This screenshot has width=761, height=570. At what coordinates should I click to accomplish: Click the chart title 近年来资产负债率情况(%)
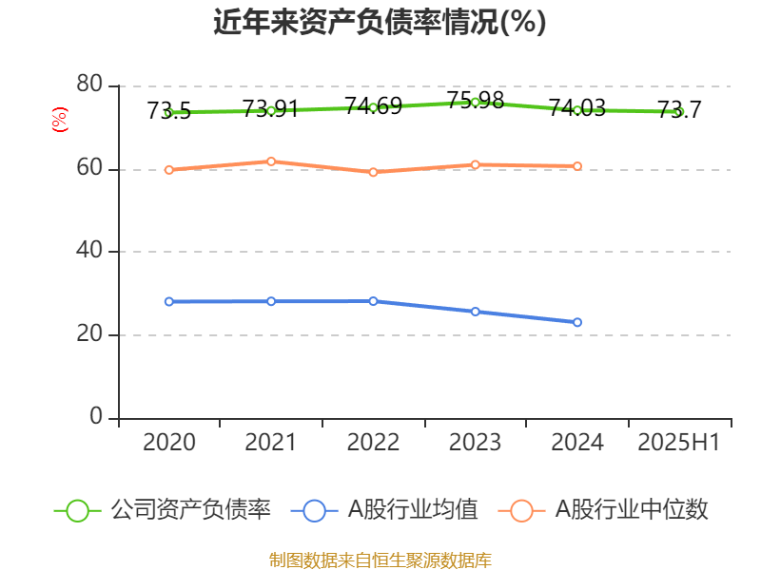(x=380, y=23)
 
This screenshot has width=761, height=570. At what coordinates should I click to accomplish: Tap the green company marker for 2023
(x=476, y=102)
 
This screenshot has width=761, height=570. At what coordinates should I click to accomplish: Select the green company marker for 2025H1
(x=679, y=112)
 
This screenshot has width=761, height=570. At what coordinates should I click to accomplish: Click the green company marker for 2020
(x=168, y=112)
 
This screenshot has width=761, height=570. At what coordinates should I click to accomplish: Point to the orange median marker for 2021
(x=271, y=161)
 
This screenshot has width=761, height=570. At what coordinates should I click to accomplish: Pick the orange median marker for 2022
(x=373, y=172)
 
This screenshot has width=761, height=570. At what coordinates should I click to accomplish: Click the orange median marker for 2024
(x=577, y=166)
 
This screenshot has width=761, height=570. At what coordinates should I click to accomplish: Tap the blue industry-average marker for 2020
(x=168, y=301)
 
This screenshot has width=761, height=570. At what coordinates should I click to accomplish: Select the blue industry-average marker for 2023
(x=476, y=312)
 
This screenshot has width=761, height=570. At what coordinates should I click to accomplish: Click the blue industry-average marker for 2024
(x=577, y=322)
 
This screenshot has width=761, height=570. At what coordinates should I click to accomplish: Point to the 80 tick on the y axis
(x=89, y=85)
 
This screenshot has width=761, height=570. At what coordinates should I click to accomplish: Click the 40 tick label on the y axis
(x=89, y=252)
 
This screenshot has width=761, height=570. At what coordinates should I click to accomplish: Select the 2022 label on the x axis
(x=373, y=443)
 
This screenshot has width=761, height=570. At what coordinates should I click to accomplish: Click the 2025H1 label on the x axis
(x=678, y=443)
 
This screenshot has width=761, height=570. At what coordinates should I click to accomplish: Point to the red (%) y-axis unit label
(x=60, y=121)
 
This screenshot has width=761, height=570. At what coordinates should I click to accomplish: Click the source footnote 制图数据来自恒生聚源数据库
(x=380, y=560)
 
